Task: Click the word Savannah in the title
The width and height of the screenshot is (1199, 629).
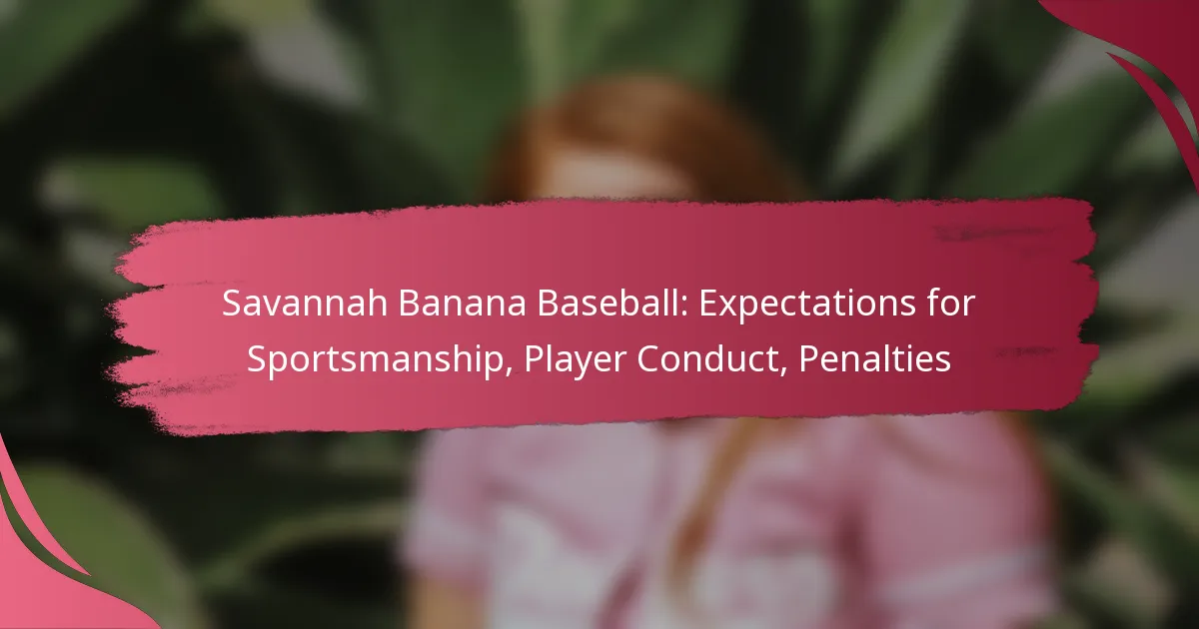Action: [x=305, y=304]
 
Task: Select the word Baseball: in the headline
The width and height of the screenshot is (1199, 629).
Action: [x=611, y=304]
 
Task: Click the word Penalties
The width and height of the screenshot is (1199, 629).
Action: [x=874, y=358]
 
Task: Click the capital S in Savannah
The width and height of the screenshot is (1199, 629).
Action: [x=231, y=304]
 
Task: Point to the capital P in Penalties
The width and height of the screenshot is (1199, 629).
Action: [x=808, y=358]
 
